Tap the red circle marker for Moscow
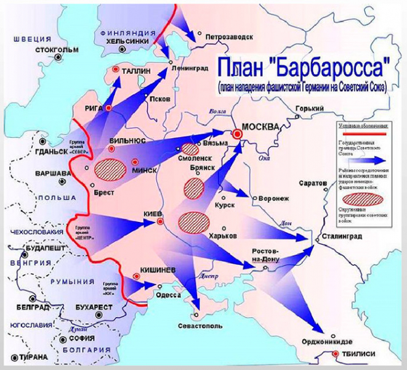click(x=237, y=133)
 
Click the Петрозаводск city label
click(x=228, y=36)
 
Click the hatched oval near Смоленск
click(x=191, y=149)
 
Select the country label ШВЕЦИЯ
click(x=23, y=37)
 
